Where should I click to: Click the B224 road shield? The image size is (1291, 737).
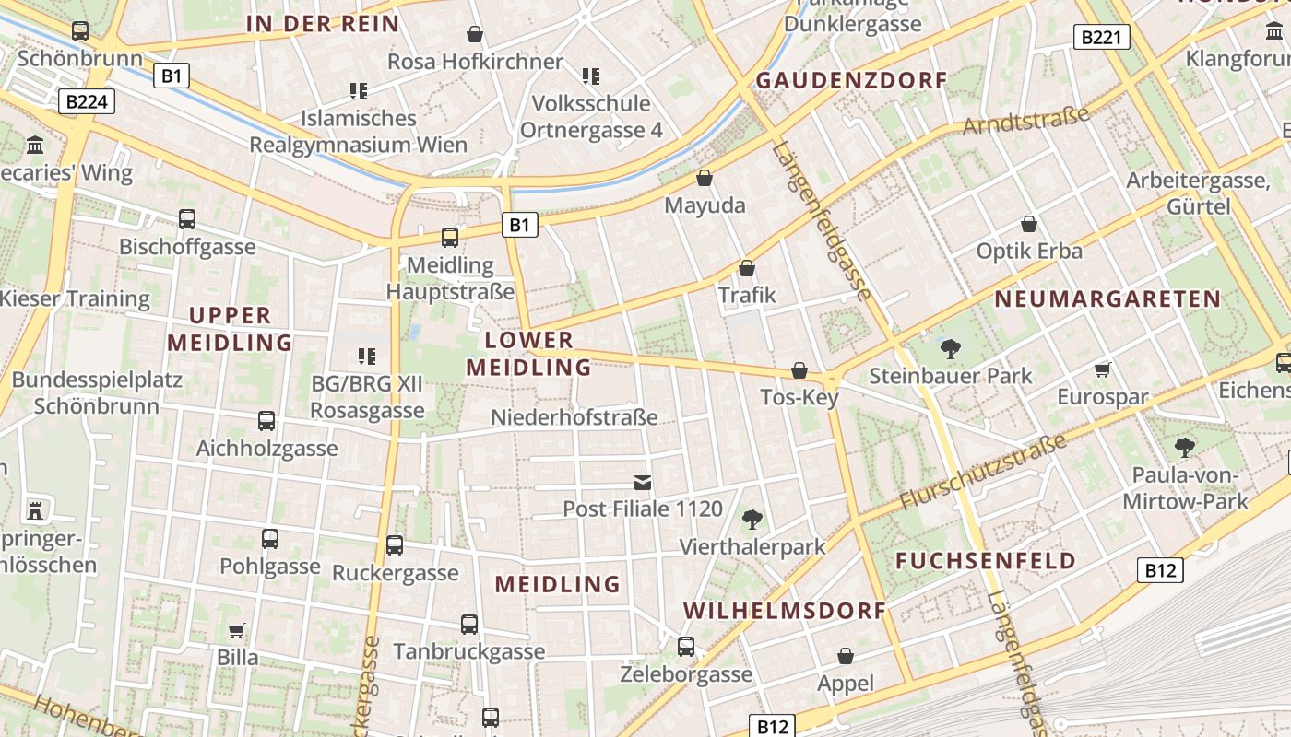tap(87, 101)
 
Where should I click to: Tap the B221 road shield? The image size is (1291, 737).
tap(1101, 38)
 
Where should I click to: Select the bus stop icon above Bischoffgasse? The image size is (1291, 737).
tap(187, 219)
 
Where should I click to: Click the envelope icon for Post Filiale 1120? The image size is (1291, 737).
tap(643, 482)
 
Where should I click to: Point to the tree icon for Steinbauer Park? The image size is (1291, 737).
tap(950, 349)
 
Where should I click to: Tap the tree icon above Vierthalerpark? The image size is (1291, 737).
tap(752, 520)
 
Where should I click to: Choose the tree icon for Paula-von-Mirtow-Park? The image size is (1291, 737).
tap(1185, 449)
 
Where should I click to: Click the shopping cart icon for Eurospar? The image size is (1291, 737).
tap(1102, 370)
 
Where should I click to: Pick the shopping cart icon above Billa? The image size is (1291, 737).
tap(237, 630)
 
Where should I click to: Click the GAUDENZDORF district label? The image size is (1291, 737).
tap(851, 80)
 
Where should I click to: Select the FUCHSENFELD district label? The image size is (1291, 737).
tap(986, 561)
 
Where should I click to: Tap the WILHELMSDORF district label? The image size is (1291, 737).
tap(785, 611)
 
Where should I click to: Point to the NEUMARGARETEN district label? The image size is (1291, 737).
tap(1107, 298)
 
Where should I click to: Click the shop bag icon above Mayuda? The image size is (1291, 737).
tap(705, 178)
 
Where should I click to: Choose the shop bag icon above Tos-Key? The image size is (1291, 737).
tap(799, 370)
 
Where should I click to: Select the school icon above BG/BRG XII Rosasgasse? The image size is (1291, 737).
tap(367, 356)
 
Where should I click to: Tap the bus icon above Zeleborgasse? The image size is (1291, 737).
tap(685, 647)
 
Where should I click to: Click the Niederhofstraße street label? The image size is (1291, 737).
tap(574, 417)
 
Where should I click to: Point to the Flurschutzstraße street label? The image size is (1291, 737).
tap(983, 471)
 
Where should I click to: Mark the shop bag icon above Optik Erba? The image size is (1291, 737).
tap(1029, 224)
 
